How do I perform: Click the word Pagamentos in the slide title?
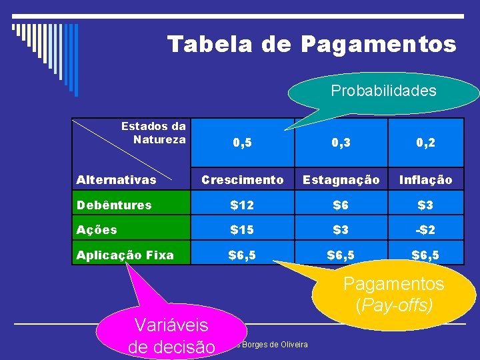[378, 44]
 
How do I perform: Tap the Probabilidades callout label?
[383, 91]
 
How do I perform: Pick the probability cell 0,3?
[341, 143]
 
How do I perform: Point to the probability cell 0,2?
[425, 143]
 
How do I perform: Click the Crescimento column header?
[242, 179]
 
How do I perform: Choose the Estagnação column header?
[341, 179]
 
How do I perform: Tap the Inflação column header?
[425, 179]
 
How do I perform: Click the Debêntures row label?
[114, 205]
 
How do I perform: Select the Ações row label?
[97, 230]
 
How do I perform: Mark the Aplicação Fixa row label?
[125, 255]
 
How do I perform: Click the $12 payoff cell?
[242, 205]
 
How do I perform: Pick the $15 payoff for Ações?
[242, 230]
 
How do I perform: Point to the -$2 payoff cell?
[425, 230]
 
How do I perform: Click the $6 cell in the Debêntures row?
[341, 205]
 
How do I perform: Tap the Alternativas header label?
[117, 179]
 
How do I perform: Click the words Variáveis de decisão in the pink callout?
[171, 336]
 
